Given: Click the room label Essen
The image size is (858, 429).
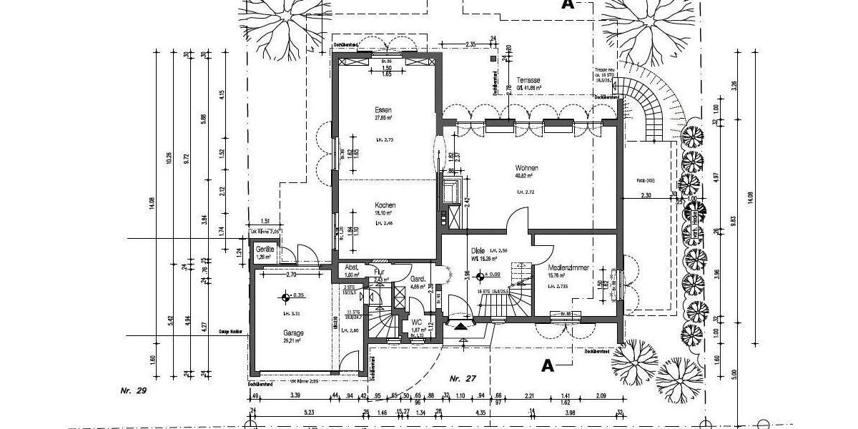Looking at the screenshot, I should [x=383, y=110].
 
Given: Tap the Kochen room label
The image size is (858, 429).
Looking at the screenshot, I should [x=385, y=205].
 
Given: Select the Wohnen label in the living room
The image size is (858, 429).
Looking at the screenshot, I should [x=526, y=168].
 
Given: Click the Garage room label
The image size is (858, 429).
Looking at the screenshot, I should [x=293, y=332].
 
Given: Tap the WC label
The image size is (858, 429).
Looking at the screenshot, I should [x=416, y=322].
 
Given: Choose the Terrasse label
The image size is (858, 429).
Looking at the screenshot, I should [x=529, y=80].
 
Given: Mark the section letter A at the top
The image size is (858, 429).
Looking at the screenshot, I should [x=568, y=4].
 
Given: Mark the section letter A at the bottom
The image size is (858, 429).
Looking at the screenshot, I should [x=547, y=365].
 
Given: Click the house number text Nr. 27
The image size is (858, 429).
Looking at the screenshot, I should [x=463, y=377].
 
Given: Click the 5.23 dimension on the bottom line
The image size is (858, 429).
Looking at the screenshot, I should [x=309, y=413].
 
